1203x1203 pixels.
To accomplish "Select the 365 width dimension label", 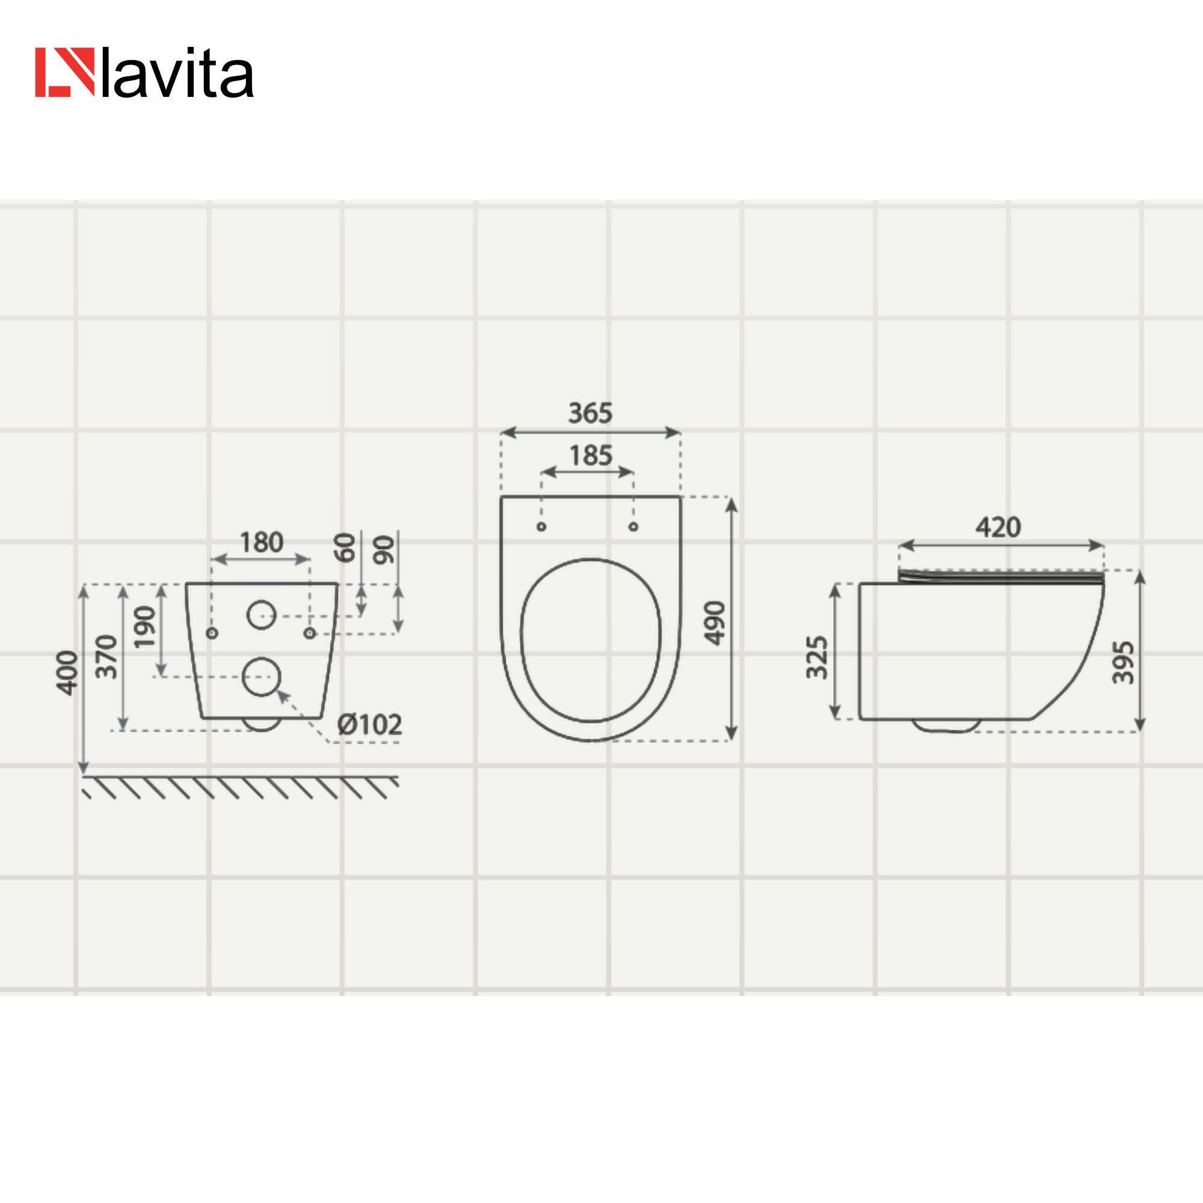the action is [590, 413].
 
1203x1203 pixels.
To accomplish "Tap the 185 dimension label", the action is [591, 456].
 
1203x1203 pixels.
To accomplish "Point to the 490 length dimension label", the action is [715, 623].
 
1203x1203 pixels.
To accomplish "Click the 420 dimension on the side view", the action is [998, 528].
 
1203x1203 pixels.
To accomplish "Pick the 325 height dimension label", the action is [817, 657].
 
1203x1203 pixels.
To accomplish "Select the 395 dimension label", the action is [1123, 662].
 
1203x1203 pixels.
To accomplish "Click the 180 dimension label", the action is [262, 543].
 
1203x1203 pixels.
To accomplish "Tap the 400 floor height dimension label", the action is [67, 672].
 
